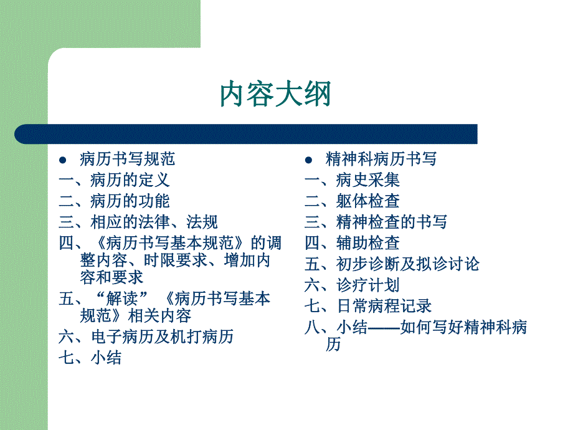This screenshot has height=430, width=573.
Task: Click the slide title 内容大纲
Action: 275,94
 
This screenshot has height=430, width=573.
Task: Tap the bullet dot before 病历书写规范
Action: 63,160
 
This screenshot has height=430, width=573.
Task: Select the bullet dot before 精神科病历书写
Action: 308,160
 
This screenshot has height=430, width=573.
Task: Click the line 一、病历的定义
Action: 114,180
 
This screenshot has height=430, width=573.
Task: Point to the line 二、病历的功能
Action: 114,201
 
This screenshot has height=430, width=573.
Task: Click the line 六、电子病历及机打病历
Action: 146,337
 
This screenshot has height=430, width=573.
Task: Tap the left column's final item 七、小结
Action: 90,358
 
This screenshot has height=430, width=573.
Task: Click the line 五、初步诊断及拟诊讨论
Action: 392,264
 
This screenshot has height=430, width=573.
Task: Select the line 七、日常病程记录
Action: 368,306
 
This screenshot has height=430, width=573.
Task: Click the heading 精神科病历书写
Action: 381,160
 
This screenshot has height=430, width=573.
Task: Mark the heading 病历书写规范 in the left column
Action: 128,160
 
